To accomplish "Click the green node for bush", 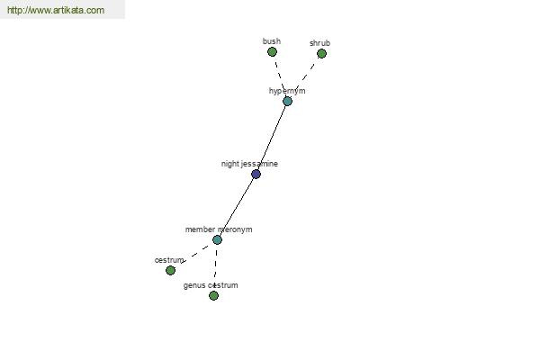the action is [x=272, y=52].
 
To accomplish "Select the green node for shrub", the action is [x=321, y=54].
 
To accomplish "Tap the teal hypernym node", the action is [x=288, y=102].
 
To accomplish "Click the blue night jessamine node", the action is [x=256, y=174].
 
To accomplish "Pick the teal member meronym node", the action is [x=217, y=239].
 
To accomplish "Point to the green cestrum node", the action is [x=170, y=270].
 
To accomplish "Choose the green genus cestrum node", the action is [x=213, y=295].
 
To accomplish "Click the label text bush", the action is [x=272, y=41].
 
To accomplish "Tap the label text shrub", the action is [x=319, y=43].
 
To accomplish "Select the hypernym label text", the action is [x=287, y=91].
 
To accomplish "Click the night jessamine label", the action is [x=249, y=164].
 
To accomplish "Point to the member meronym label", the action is [x=219, y=229].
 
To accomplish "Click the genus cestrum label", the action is [x=211, y=285].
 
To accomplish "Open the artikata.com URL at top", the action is [x=56, y=10].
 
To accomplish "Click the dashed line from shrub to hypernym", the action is [x=305, y=77].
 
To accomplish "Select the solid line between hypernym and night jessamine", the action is [x=273, y=138].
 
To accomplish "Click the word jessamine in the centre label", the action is [x=263, y=164].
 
